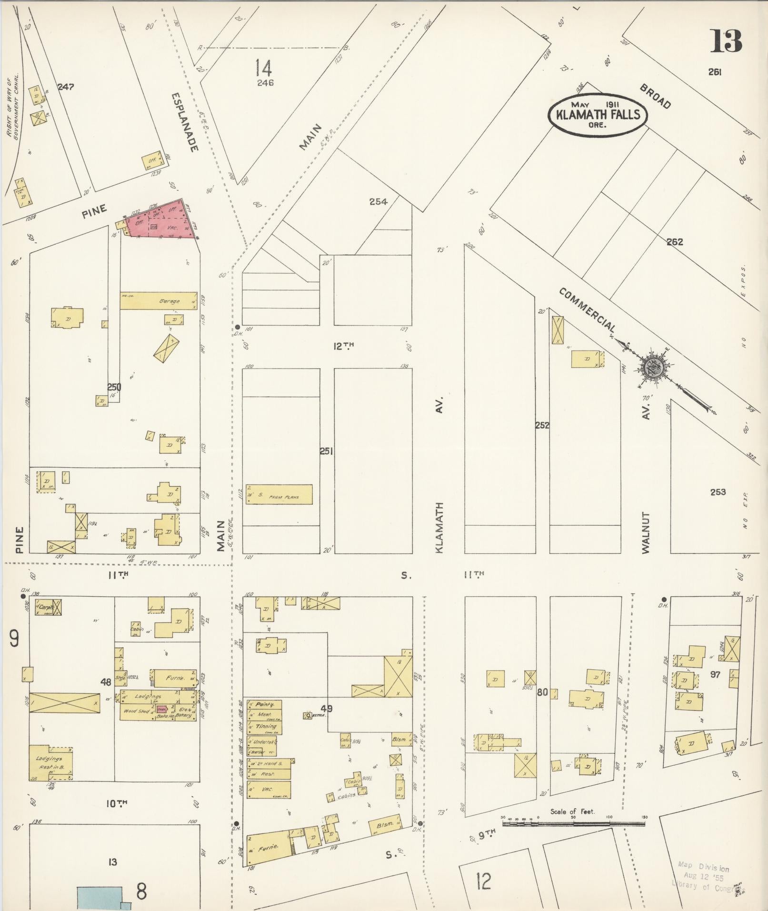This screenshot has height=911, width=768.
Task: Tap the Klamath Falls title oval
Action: click(598, 115)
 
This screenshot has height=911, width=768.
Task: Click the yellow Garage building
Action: click(159, 301)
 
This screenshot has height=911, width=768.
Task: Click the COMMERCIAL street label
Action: click(588, 310)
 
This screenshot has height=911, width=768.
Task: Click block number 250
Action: click(114, 387)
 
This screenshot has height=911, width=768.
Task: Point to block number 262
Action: click(675, 242)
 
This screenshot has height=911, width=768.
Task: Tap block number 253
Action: click(718, 492)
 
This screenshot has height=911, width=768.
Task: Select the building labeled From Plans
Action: click(279, 494)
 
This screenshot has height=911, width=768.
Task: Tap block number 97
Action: click(715, 674)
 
